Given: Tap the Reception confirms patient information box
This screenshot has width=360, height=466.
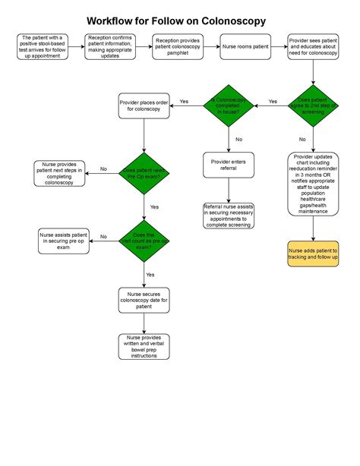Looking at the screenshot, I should pos(110,46).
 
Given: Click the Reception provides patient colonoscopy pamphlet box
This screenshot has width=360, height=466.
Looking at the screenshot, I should pos(178,46).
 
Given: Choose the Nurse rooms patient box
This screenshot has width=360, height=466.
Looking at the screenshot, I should pos(245,46).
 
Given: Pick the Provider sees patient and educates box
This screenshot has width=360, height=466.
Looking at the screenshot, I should pos(313,46).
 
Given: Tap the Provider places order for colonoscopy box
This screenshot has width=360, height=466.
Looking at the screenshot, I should pos(144,105).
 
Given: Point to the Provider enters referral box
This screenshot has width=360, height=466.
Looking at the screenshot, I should pos(229,165).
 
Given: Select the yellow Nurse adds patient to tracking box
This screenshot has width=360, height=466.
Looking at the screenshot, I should pos(313,254).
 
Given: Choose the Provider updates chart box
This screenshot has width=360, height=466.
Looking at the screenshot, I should pos(313,184).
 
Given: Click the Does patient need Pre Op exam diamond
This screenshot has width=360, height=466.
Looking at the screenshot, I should pos(144,174).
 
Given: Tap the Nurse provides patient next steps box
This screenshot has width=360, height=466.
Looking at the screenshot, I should pos(59,174).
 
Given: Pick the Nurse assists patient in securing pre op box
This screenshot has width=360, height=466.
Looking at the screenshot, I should pos(64,241).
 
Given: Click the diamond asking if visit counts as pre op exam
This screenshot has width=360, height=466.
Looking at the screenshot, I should pos(144,241).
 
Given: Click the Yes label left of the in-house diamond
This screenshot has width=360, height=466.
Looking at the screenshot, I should pos(184,102).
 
